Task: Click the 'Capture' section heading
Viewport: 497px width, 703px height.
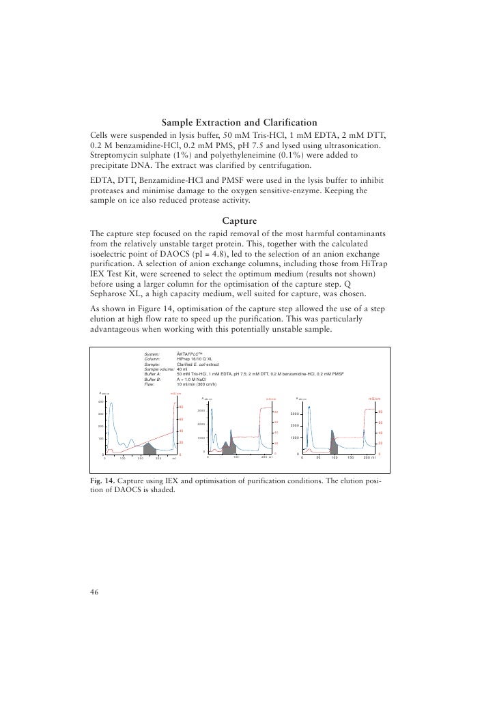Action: pos(239,220)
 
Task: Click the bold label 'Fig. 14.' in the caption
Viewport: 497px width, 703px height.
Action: pos(103,481)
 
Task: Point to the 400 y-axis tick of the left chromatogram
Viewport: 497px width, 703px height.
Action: pos(100,401)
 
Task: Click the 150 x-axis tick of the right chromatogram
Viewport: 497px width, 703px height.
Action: pos(349,457)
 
